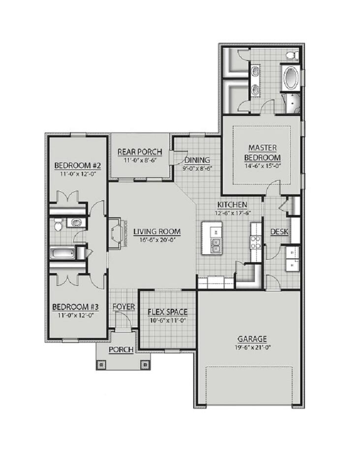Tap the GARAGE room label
point(252,338)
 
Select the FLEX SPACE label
point(168,312)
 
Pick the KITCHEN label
point(230,205)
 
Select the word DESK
point(279,232)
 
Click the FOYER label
point(123,307)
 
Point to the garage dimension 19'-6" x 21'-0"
point(252,347)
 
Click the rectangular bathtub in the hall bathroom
point(62,254)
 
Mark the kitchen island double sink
point(215,246)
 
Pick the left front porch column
point(102,365)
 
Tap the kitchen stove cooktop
point(255,241)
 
